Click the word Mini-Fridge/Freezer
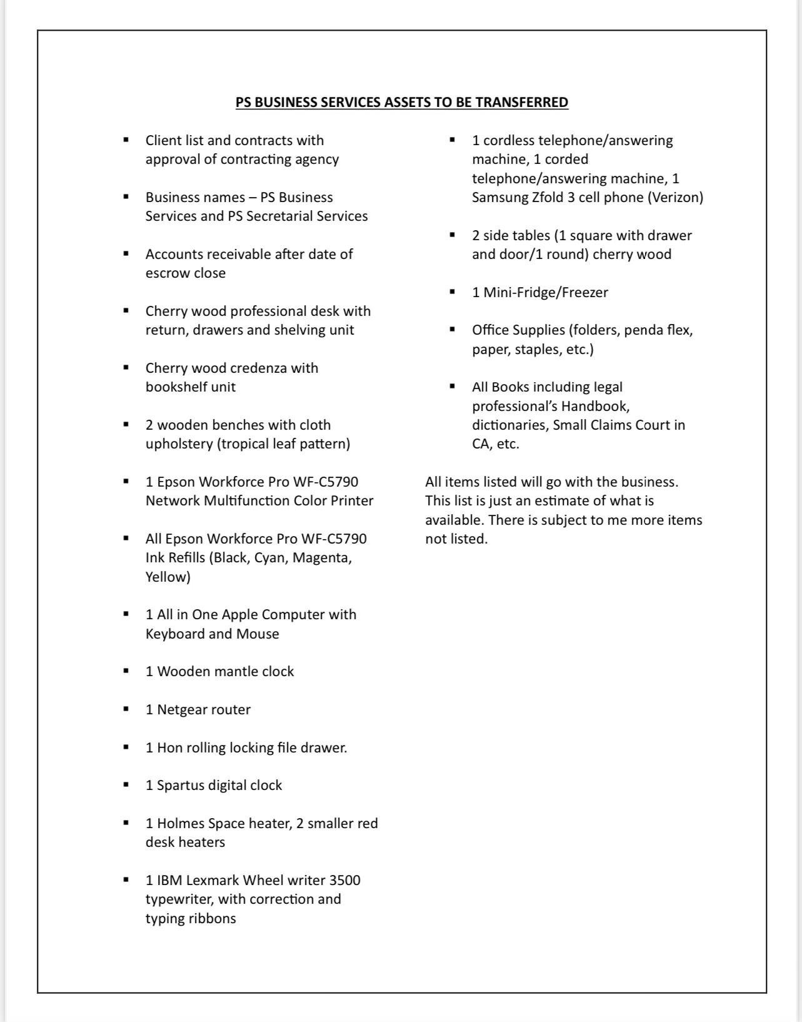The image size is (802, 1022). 546,293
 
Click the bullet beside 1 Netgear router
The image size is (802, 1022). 127,709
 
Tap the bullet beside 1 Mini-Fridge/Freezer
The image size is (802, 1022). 453,292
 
